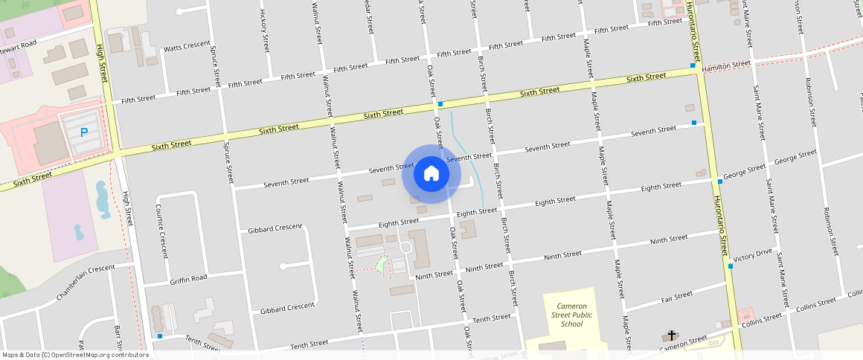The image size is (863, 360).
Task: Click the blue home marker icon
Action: [431, 174]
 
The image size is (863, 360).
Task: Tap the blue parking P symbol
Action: [84, 132]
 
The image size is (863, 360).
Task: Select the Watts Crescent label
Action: [187, 45]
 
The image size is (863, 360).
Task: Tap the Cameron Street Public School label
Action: [572, 315]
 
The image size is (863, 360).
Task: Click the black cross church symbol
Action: [672, 336]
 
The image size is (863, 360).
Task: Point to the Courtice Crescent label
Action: [161, 231]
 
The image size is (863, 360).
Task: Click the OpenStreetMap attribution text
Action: [74, 355]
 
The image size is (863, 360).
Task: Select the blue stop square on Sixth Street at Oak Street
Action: [440, 104]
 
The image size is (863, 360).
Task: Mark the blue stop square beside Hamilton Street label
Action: [693, 65]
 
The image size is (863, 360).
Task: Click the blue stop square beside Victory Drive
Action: [731, 266]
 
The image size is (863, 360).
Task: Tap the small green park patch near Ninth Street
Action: [382, 265]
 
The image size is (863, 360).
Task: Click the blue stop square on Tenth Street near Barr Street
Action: [160, 336]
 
